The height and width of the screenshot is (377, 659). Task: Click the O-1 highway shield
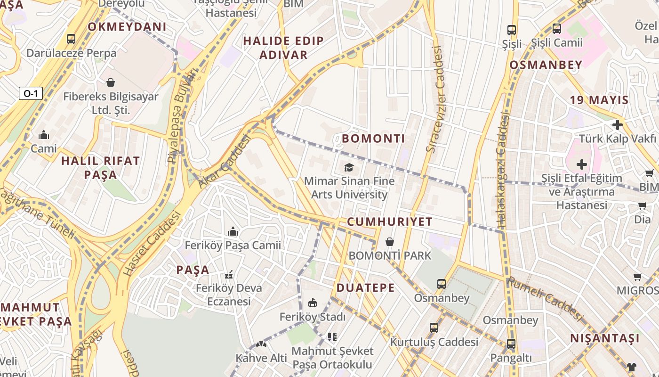coord(31,93)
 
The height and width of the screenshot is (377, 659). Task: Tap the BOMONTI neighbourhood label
coord(373,139)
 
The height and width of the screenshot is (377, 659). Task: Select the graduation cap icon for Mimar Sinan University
coord(349,167)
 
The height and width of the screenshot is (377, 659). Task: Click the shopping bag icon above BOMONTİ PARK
coord(390,242)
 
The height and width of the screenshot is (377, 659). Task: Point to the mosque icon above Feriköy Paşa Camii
coord(233,231)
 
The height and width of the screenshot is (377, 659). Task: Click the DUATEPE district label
coord(365,288)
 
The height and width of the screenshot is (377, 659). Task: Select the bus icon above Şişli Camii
coord(557,29)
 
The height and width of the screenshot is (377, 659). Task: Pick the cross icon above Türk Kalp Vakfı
coord(617,125)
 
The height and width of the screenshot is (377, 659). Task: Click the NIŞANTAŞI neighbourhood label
coord(605,338)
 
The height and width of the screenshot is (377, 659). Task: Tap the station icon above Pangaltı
coord(511,344)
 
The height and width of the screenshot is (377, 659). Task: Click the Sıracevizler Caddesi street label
coord(435,99)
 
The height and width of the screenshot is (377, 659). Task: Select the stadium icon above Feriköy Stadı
coord(312,303)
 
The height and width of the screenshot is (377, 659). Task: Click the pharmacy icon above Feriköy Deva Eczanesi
coord(229,274)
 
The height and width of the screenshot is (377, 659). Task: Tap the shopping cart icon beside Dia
coord(643,205)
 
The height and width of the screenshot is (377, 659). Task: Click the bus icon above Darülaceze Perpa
coord(71,39)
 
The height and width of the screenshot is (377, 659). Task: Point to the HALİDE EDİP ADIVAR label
coord(283,48)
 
